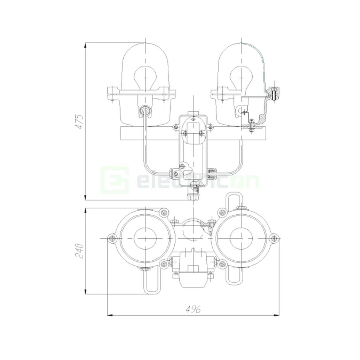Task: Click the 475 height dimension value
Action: click(x=80, y=121)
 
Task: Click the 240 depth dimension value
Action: click(x=80, y=251)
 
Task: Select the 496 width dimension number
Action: click(x=193, y=309)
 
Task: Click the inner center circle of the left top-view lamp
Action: click(x=144, y=239)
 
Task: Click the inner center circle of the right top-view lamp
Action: click(x=241, y=239)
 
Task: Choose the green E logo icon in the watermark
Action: click(x=115, y=179)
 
